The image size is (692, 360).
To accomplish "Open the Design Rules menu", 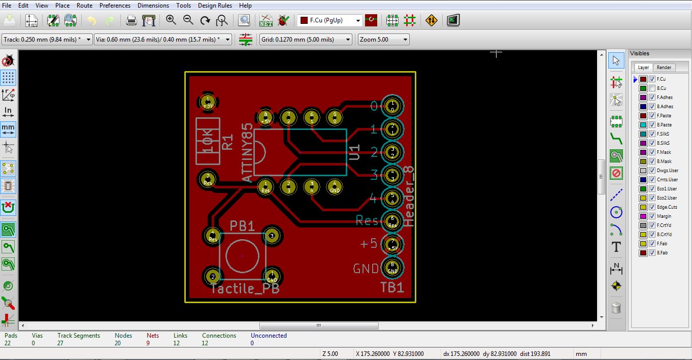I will click(215, 6).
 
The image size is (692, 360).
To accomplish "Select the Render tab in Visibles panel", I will click(664, 68).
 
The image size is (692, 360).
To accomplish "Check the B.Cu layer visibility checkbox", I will click(652, 88).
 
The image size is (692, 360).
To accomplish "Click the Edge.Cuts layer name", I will click(667, 207).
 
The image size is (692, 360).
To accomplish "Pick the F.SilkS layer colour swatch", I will click(643, 134).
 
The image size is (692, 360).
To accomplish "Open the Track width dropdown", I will click(47, 40).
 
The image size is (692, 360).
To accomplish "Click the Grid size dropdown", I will click(305, 40).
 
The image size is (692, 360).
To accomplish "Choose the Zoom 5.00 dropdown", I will click(383, 40).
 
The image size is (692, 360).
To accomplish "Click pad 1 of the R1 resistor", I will click(207, 102).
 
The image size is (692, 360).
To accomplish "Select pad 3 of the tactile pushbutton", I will click(272, 236).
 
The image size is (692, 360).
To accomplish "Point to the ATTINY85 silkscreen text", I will click(247, 152).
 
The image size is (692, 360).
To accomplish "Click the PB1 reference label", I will click(242, 226).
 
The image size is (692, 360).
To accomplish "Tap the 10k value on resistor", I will click(208, 141).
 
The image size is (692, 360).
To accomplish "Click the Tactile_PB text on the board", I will click(245, 289).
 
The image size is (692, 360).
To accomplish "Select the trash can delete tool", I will click(616, 307).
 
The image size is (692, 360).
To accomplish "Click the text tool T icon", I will click(616, 247).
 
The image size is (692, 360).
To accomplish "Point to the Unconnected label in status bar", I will click(269, 336).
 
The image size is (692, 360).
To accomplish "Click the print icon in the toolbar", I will click(131, 20).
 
